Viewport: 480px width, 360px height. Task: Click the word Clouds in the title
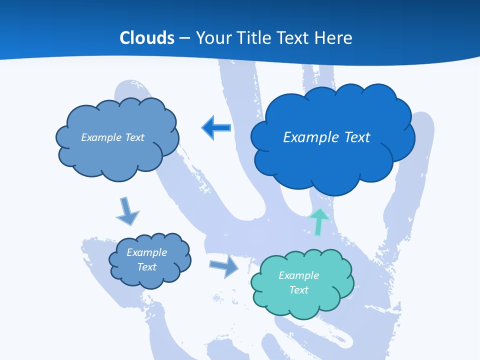[x=147, y=38]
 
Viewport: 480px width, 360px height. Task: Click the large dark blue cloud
[x=332, y=160]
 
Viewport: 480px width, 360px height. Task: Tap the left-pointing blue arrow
[x=216, y=128]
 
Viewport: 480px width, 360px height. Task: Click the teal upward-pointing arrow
[x=318, y=220]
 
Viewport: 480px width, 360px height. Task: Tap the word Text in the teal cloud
[x=298, y=290]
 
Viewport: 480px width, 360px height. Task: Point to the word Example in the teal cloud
[x=298, y=275]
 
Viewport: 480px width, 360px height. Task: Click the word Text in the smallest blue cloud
[x=146, y=267]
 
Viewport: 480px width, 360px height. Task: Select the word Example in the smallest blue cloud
[x=146, y=252]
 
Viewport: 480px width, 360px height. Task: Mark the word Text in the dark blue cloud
[x=357, y=137]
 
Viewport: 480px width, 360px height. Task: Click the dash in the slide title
[x=184, y=38]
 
